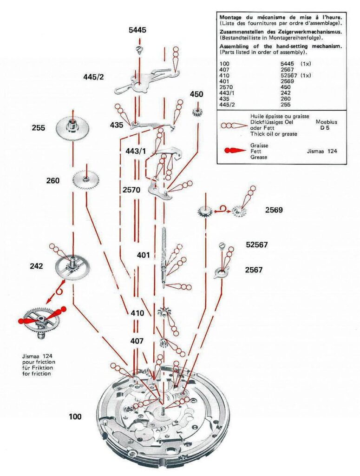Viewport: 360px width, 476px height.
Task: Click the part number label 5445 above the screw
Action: coord(137,30)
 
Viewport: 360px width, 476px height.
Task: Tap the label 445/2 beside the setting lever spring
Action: coord(94,76)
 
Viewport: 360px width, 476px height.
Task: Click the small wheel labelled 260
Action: coord(86,179)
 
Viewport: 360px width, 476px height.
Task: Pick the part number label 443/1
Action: coord(136,151)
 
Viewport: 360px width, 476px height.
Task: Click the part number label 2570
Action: coord(132,190)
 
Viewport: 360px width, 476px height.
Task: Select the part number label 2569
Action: coord(274,210)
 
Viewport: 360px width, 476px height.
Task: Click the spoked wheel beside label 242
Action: coord(73,266)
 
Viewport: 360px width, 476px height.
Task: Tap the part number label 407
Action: coord(137,341)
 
